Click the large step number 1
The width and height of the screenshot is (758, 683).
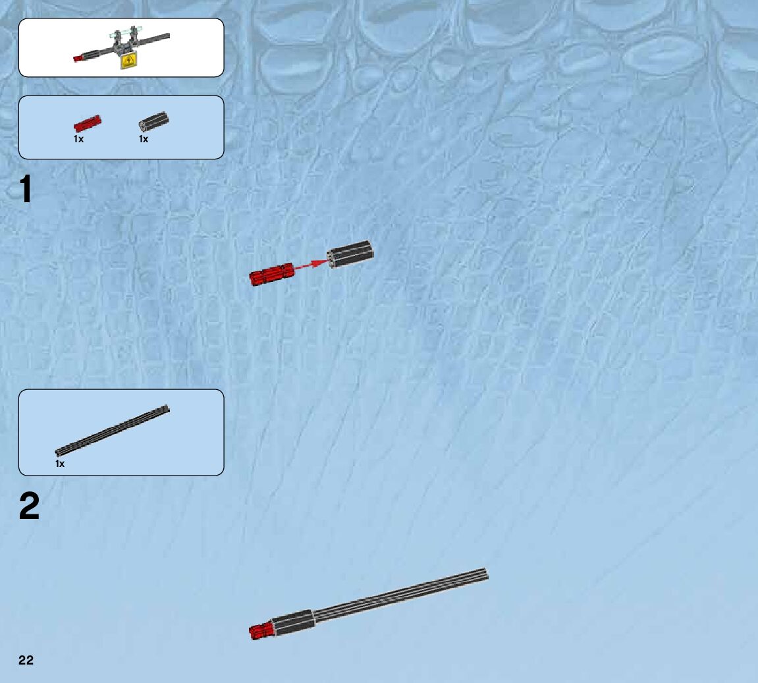(26, 190)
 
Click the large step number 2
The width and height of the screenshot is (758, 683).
(29, 507)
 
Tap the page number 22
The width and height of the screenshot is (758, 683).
(26, 661)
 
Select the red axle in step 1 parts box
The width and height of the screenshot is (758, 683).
(87, 123)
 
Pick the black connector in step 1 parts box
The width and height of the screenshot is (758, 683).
(153, 121)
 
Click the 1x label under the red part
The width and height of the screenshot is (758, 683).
(78, 140)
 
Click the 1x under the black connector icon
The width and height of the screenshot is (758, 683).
(144, 140)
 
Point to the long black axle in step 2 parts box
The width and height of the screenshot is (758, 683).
(113, 431)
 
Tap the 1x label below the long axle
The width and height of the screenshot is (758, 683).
(60, 464)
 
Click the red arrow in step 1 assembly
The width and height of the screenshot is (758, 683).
(308, 266)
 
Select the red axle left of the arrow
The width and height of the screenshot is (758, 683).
(271, 274)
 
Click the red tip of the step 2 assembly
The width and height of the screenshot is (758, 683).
(259, 632)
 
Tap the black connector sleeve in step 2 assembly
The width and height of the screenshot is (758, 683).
(292, 623)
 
